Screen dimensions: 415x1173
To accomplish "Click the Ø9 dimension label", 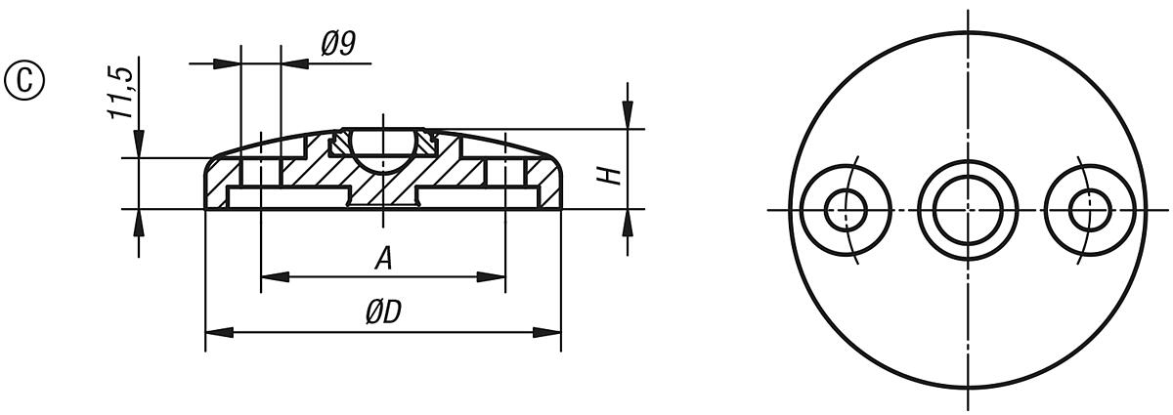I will [x=337, y=45].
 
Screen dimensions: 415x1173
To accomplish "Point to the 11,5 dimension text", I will [x=121, y=94].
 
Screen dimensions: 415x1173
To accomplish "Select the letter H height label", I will [x=609, y=175].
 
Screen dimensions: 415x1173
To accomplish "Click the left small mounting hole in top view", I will [x=845, y=209].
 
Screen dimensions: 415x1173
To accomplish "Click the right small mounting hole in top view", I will [x=1089, y=209].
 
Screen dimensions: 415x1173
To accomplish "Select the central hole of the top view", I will [x=967, y=209].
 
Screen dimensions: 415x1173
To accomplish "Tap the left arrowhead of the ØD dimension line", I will [x=212, y=333].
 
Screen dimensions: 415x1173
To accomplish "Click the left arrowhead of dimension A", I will [x=269, y=277].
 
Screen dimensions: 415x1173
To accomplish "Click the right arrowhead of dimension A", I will [x=498, y=277].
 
